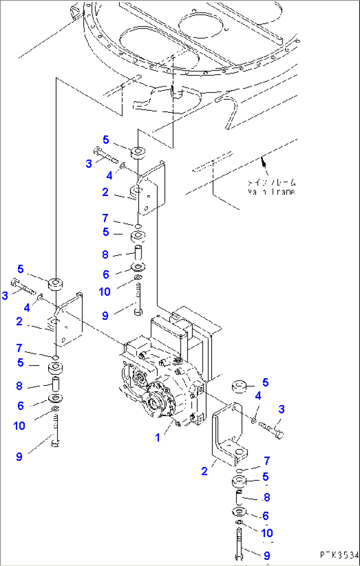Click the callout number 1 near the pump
[158, 438]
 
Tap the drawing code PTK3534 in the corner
[339, 555]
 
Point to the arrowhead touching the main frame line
[263, 161]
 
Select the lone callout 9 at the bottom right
[267, 556]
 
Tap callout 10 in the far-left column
[19, 426]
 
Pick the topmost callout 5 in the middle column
[106, 140]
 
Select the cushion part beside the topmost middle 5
[138, 153]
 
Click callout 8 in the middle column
[105, 254]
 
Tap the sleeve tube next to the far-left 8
[56, 384]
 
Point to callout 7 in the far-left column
[19, 348]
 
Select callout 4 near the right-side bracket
[258, 396]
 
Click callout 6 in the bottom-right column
[266, 516]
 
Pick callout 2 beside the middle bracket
[105, 192]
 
